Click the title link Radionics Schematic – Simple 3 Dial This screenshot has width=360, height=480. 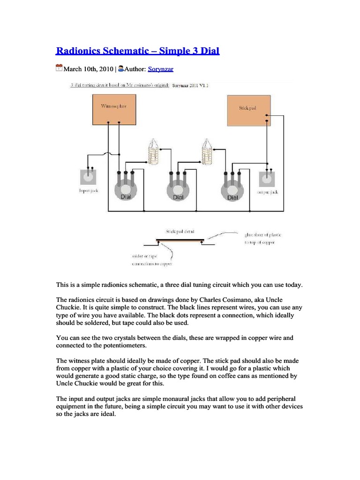(138, 51)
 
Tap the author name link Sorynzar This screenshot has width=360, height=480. (161, 69)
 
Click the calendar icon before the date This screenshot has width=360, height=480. (59, 68)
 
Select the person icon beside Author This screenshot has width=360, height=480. (121, 68)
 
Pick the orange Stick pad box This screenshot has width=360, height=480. (248, 110)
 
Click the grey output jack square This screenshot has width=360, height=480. (267, 180)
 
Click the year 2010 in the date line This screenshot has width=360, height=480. (104, 69)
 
